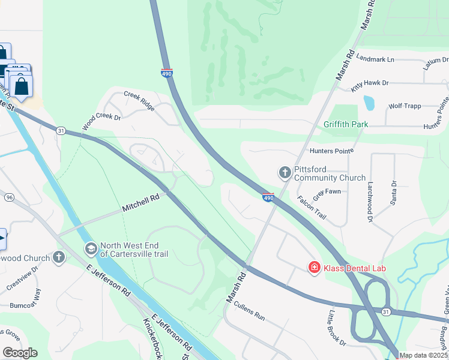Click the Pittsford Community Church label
tap(330, 174)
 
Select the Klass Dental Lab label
tap(355, 268)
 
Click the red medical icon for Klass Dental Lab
tap(313, 268)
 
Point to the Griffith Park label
tap(345, 125)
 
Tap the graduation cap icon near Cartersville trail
tap(91, 248)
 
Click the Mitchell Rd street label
tap(141, 202)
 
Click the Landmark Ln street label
tap(375, 59)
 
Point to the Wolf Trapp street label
tap(403, 106)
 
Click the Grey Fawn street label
tap(327, 192)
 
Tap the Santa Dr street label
tap(394, 193)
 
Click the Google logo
tap(20, 353)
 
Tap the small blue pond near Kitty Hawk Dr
tap(369, 103)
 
